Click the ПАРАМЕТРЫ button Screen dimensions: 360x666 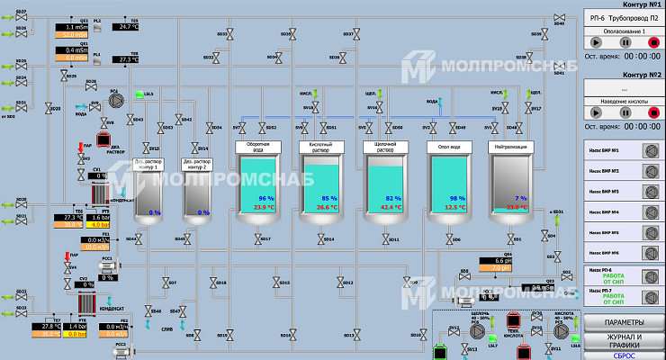point(624,322)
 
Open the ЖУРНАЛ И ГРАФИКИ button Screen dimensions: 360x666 point(624,340)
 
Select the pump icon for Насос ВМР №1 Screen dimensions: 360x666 point(647,150)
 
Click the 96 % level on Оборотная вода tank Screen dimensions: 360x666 point(265,198)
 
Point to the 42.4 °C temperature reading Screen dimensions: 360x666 point(391,207)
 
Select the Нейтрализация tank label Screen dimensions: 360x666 point(509,146)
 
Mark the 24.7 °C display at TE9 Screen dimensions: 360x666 point(127,27)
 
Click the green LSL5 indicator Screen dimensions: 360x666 point(139,94)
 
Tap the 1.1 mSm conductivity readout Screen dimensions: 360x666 point(75,27)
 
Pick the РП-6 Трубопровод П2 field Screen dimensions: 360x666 point(624,17)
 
